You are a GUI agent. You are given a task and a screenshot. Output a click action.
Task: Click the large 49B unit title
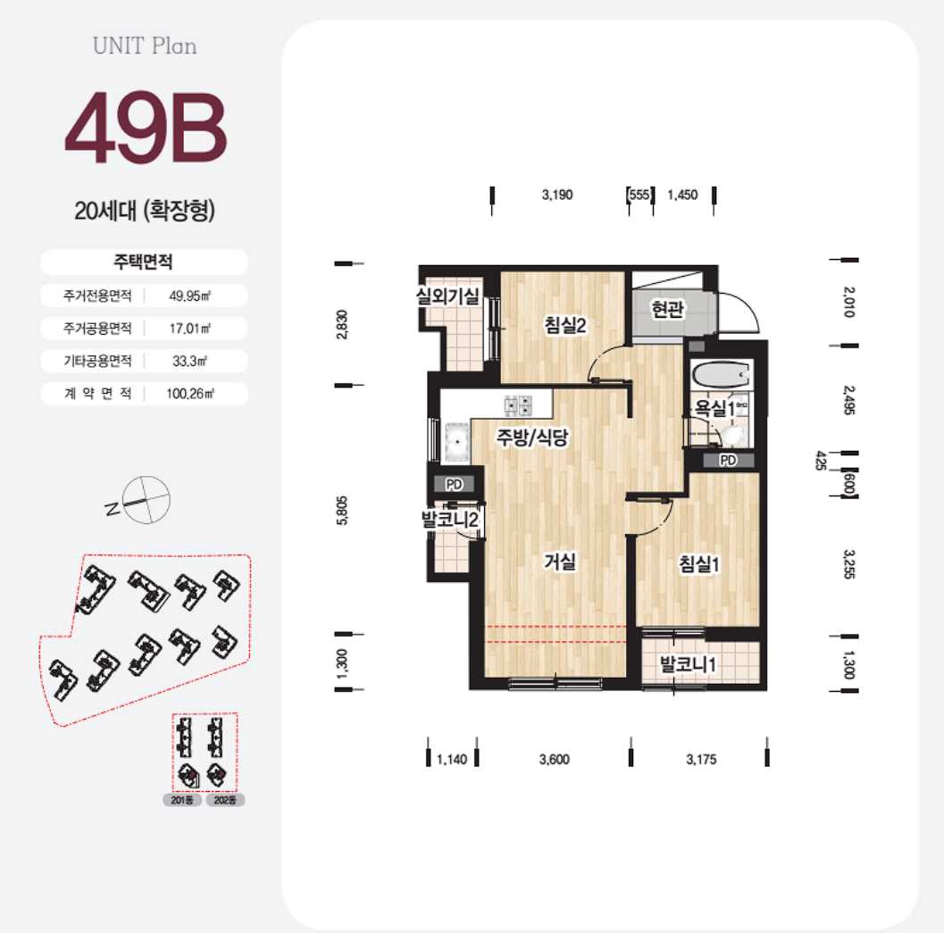146,131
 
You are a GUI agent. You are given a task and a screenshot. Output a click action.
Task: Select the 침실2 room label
564,325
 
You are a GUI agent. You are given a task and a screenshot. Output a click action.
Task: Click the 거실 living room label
560,562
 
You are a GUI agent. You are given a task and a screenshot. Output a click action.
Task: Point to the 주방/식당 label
533,437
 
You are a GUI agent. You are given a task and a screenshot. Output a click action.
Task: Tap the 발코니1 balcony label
689,664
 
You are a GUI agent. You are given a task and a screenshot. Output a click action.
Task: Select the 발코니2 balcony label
452,519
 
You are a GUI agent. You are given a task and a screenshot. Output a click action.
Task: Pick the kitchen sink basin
457,440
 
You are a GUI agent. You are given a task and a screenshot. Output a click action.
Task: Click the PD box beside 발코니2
454,485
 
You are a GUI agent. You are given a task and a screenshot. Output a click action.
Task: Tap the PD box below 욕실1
728,461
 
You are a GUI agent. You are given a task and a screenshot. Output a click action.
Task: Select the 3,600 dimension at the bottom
554,760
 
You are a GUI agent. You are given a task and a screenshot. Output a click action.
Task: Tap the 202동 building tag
225,801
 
